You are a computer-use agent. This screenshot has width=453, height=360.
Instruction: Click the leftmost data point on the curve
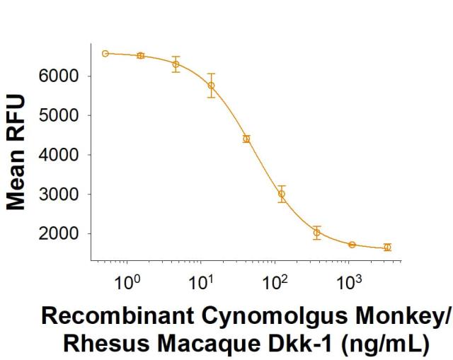(x=105, y=54)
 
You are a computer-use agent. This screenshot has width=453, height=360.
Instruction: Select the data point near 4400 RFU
(x=246, y=139)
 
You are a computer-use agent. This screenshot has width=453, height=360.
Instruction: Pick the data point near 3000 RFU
(x=282, y=193)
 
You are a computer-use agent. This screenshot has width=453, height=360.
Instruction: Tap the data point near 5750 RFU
(x=211, y=85)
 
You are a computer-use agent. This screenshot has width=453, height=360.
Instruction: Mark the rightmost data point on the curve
(x=387, y=247)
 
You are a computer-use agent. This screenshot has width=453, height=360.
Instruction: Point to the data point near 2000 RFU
(x=317, y=232)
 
